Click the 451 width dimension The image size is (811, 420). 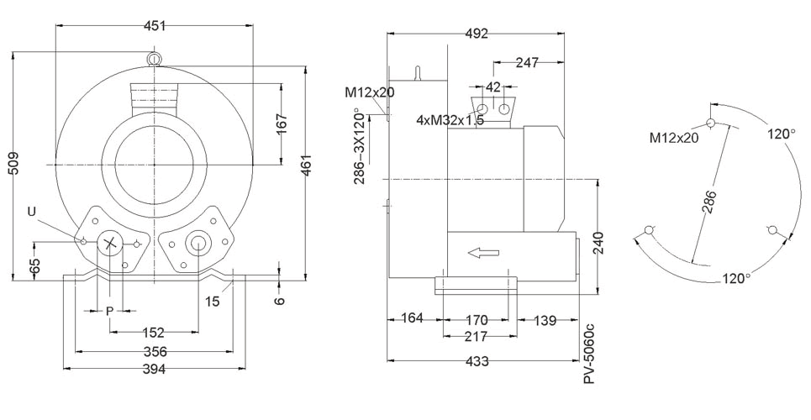pyautogui.click(x=155, y=25)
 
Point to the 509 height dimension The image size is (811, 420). pyautogui.click(x=14, y=164)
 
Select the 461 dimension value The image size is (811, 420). pyautogui.click(x=306, y=165)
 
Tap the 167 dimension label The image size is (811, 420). pyautogui.click(x=282, y=124)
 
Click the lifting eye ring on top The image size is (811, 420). pyautogui.click(x=154, y=58)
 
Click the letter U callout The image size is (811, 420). pyautogui.click(x=32, y=211)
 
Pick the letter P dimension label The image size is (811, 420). pyautogui.click(x=109, y=311)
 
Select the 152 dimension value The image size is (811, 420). pyautogui.click(x=154, y=332)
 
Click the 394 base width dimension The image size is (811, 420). pyautogui.click(x=154, y=369)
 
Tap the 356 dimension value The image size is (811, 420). pyautogui.click(x=155, y=352)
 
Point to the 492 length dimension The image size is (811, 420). pyautogui.click(x=477, y=34)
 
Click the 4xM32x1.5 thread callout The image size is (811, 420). pyautogui.click(x=450, y=120)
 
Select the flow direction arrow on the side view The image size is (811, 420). pyautogui.click(x=483, y=253)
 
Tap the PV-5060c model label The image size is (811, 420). pyautogui.click(x=588, y=354)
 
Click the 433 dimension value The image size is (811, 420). pyautogui.click(x=477, y=360)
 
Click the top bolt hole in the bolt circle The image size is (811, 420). pyautogui.click(x=711, y=123)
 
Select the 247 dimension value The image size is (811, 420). pyautogui.click(x=527, y=63)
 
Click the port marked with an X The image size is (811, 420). pyautogui.click(x=109, y=243)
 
